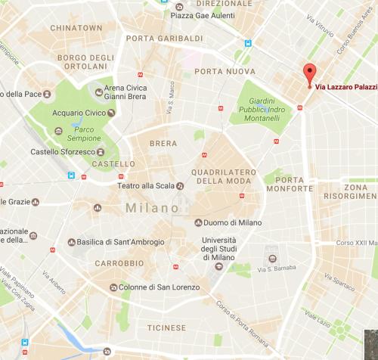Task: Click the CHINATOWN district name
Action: point(76,27)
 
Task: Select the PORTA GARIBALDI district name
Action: point(165,39)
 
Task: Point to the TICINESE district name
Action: point(165,327)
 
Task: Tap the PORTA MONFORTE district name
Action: point(290,185)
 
